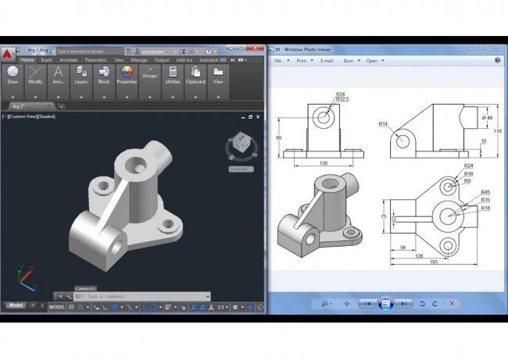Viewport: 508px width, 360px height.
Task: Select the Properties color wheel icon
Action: [126, 73]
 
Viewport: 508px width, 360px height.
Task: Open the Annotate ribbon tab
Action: [69, 59]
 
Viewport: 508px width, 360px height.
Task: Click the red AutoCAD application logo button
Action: [8, 54]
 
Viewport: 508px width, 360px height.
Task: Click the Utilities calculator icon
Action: [173, 72]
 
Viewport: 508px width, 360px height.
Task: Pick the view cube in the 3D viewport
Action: [240, 148]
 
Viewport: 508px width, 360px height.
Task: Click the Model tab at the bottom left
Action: [14, 305]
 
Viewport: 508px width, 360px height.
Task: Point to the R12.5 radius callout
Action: [342, 100]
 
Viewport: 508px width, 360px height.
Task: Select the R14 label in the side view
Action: [384, 123]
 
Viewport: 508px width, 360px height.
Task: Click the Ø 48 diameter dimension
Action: [488, 118]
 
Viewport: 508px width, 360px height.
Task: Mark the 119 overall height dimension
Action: [498, 131]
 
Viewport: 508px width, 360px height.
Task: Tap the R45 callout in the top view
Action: [485, 192]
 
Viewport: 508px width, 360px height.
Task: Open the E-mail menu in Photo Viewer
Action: [327, 60]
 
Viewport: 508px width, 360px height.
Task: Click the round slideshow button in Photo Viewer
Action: [385, 303]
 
